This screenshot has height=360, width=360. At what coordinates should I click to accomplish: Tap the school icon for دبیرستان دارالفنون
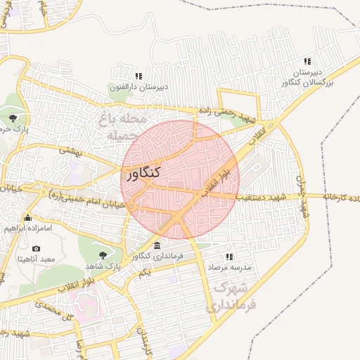point(139,76)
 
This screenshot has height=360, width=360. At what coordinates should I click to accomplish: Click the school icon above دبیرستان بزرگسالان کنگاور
point(307,62)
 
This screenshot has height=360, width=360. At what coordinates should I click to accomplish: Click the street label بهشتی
point(71,150)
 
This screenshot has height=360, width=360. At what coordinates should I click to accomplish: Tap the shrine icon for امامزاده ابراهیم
point(27,217)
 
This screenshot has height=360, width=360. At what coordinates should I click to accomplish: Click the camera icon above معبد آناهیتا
point(37,248)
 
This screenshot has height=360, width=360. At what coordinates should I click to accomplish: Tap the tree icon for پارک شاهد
point(103,255)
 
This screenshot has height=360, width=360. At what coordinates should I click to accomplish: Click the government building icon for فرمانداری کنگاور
point(156,245)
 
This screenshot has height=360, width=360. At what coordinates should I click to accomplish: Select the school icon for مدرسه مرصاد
point(229,257)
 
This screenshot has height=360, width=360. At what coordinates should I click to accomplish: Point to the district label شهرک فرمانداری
point(232,298)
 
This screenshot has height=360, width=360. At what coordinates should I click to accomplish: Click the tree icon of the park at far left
point(13,117)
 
